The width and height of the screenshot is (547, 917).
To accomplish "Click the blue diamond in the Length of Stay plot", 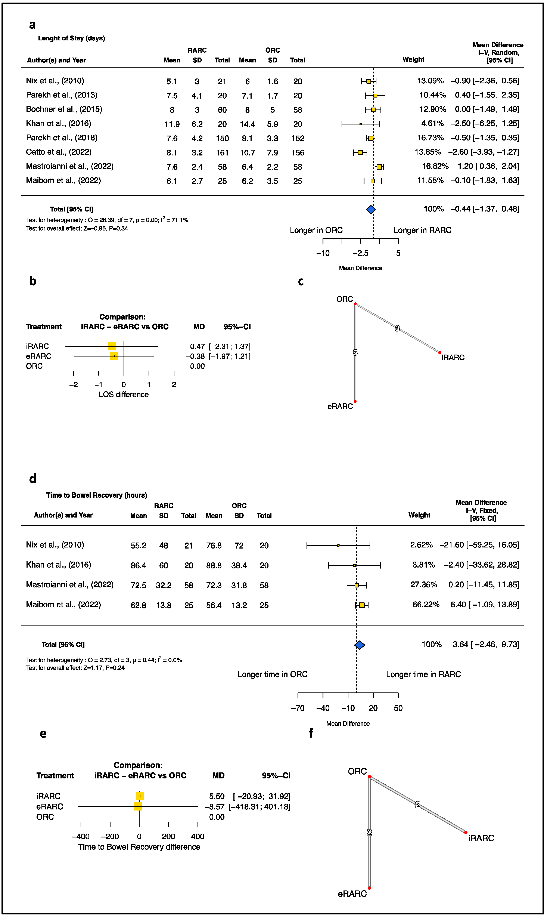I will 371,209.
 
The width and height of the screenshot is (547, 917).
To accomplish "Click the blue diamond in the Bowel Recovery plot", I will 359,645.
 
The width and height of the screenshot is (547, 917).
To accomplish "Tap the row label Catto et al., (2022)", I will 59,152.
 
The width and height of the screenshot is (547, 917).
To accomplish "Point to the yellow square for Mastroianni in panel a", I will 379,167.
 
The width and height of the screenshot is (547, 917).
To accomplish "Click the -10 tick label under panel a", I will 323,253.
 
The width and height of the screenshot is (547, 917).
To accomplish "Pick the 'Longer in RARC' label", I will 422,230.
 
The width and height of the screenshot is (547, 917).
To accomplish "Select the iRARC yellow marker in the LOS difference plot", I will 112,346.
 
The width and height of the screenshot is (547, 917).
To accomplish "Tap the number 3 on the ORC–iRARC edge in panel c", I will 397,328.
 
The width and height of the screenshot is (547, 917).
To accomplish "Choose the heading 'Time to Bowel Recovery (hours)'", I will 97,495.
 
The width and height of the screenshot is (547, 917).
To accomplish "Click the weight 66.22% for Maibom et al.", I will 426,605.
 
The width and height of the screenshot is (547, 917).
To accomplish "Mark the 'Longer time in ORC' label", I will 272,674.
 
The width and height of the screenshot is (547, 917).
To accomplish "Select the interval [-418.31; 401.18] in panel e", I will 259,807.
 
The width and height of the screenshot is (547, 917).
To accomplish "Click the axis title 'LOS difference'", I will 124,395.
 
